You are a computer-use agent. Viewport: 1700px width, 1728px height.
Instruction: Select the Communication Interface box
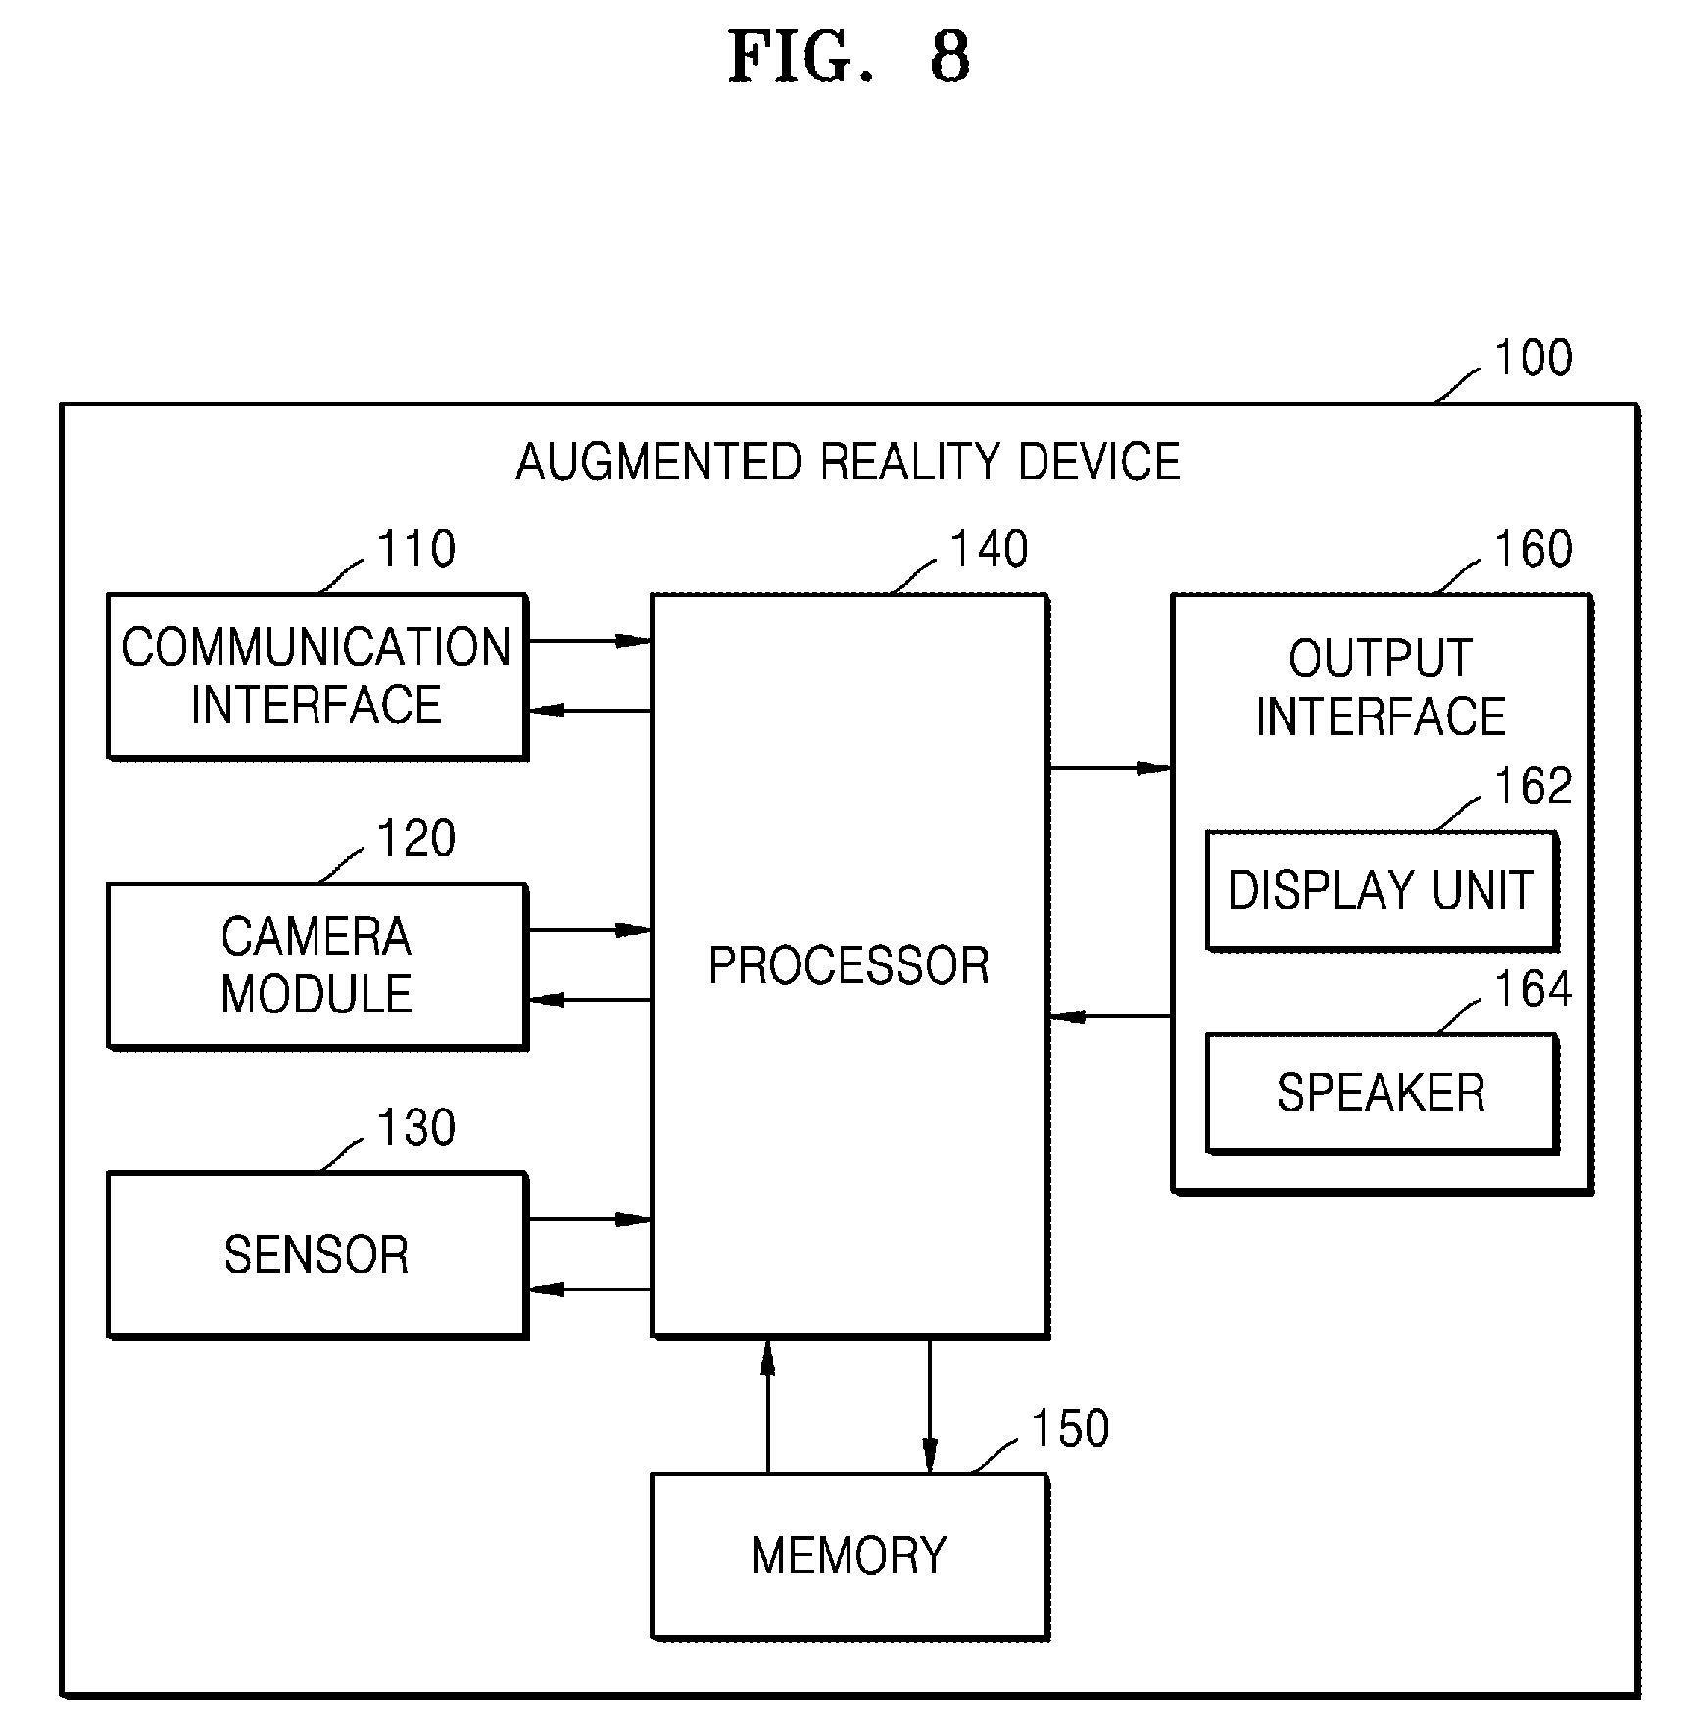[317, 675]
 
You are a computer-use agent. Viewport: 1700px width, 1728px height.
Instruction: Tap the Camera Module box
[317, 965]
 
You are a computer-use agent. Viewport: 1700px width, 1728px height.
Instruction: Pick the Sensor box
[317, 1255]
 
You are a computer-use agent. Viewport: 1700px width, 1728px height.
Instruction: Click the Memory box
[850, 1555]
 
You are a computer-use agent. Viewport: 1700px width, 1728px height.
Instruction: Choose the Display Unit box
[1382, 890]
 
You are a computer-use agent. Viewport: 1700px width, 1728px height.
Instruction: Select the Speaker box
[1382, 1093]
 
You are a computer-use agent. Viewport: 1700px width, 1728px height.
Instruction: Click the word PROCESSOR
[849, 965]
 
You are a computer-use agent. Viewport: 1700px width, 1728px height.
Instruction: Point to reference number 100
[1532, 358]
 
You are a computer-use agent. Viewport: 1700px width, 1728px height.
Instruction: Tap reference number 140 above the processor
[990, 549]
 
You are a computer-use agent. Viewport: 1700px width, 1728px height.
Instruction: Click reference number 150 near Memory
[1070, 1428]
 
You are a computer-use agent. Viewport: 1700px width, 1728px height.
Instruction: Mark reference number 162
[1532, 786]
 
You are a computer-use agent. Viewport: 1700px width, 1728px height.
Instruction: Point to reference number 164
[1532, 989]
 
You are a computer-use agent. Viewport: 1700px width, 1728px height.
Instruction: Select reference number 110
[416, 549]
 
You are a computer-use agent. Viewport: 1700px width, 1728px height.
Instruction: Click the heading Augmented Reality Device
[849, 463]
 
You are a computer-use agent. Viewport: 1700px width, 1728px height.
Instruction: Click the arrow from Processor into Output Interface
[1111, 768]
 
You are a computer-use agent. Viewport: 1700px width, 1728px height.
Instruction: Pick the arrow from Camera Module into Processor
[590, 930]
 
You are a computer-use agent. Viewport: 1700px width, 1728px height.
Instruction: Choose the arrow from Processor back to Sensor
[590, 1289]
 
